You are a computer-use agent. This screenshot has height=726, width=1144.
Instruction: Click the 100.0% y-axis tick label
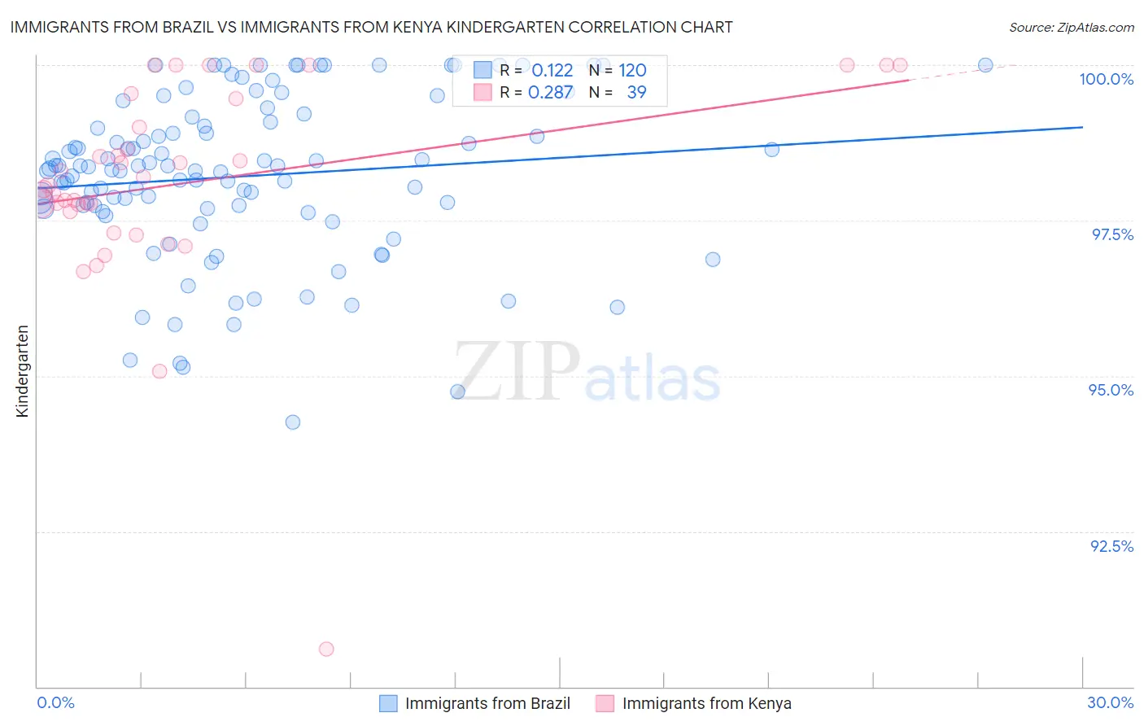coord(1106,79)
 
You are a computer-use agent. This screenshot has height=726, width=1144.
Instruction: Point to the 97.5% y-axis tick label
coord(1111,234)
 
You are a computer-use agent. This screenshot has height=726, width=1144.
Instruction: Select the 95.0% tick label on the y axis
coord(1111,390)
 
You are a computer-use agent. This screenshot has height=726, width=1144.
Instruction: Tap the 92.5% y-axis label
coord(1111,546)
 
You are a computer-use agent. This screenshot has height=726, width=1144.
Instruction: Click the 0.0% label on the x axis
coord(55,702)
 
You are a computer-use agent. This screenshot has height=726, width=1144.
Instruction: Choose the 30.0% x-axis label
coord(1110,702)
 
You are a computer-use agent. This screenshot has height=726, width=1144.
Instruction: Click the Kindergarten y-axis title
coord(23,371)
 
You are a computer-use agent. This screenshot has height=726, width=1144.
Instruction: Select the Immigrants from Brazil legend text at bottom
coord(487,703)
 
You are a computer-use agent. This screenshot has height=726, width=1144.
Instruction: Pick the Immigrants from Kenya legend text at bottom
coord(706,703)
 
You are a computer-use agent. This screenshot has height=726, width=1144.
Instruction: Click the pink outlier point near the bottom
coord(326,649)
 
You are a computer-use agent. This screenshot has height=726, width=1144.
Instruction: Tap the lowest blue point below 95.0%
coord(293,422)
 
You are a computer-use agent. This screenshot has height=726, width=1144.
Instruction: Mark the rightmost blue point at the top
coord(985,65)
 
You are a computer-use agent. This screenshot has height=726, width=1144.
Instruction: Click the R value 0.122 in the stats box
coord(552,71)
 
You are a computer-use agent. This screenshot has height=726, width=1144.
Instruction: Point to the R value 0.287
coord(550,93)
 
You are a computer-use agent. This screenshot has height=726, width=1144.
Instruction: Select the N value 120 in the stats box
coord(632,71)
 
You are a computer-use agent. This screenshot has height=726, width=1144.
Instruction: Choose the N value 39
coord(636,93)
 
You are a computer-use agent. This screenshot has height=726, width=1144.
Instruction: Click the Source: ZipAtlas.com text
coord(1071,27)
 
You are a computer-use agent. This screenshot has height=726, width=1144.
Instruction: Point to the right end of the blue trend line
coord(1082,127)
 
